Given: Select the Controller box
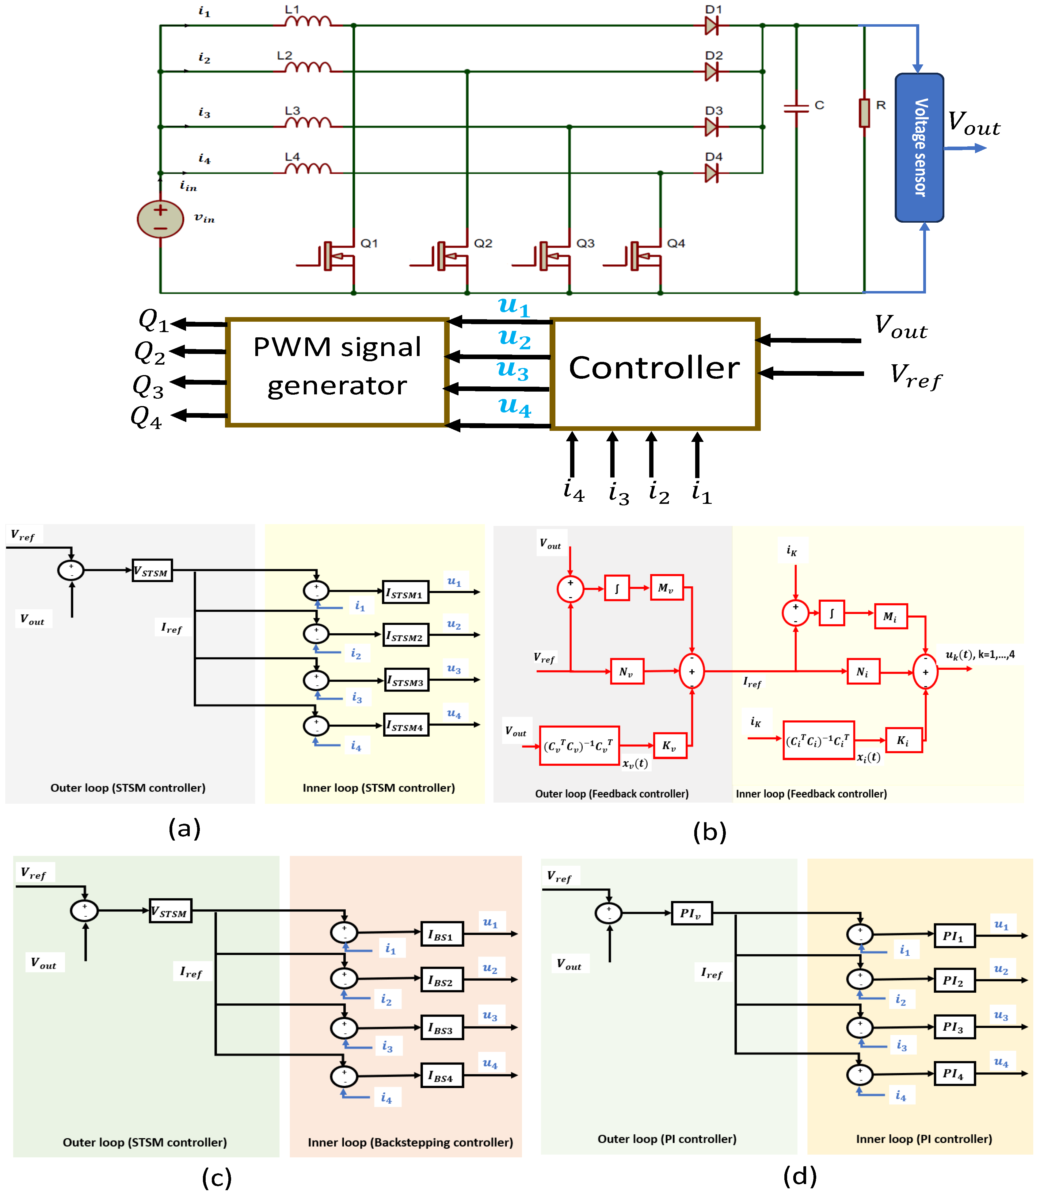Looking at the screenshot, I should tap(655, 373).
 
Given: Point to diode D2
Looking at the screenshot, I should tap(711, 72).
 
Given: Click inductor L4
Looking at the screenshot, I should tap(308, 169).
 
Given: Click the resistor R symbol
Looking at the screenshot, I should tap(864, 113).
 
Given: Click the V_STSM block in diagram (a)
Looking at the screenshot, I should tap(152, 571).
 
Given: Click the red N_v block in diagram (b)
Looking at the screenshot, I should tap(627, 671).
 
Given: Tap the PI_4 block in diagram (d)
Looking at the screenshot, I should tap(954, 1074).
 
